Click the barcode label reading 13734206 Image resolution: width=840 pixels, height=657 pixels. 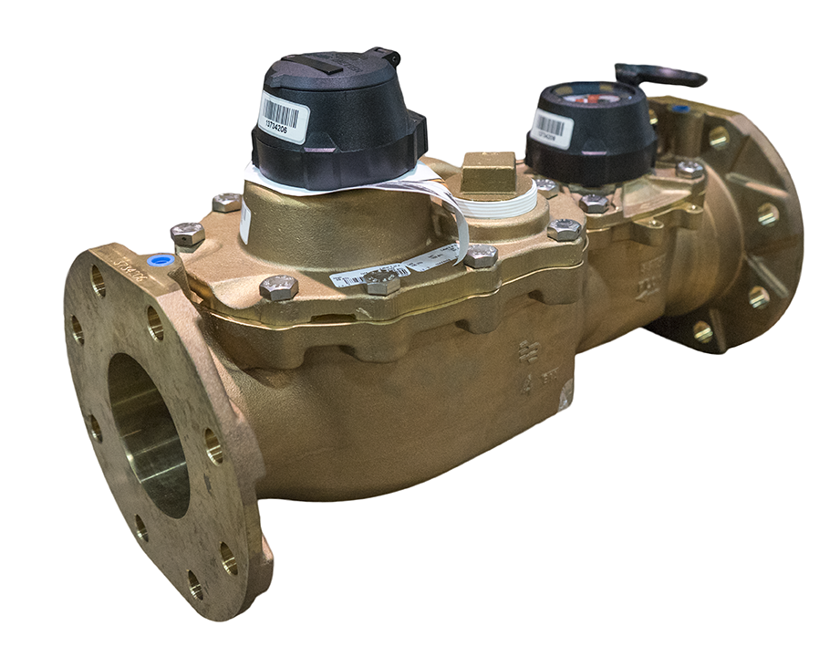coord(285,113)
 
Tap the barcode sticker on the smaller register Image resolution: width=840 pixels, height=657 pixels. coord(553,128)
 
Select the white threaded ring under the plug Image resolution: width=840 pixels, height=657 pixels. coord(496,203)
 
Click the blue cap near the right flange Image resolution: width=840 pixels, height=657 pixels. coord(679,109)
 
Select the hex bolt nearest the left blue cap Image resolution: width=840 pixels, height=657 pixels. coord(187,235)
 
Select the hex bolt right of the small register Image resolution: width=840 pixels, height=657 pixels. coord(690,169)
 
